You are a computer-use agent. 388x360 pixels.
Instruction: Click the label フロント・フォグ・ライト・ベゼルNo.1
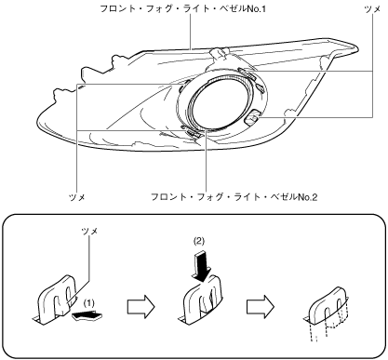tap(183, 8)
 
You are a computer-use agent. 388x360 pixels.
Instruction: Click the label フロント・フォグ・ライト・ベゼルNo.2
tap(234, 197)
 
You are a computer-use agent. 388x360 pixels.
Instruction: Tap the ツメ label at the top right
tap(372, 9)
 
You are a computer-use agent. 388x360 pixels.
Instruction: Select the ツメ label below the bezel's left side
tap(77, 197)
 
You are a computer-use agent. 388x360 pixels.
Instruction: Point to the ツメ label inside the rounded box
tap(89, 231)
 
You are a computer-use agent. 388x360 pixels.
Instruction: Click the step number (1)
tap(89, 303)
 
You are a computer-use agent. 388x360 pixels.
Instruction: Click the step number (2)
tap(199, 241)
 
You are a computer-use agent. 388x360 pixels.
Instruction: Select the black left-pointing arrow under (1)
tap(87, 315)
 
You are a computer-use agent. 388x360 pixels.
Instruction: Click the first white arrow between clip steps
tap(140, 307)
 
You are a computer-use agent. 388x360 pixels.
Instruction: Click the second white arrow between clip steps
tap(261, 307)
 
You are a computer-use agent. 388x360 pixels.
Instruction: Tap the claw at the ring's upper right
tap(247, 73)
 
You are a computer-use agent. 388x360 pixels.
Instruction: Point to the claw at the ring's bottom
tap(193, 134)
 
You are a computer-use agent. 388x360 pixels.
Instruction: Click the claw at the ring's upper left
tap(183, 86)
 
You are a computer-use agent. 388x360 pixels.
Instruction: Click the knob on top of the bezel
tap(219, 55)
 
